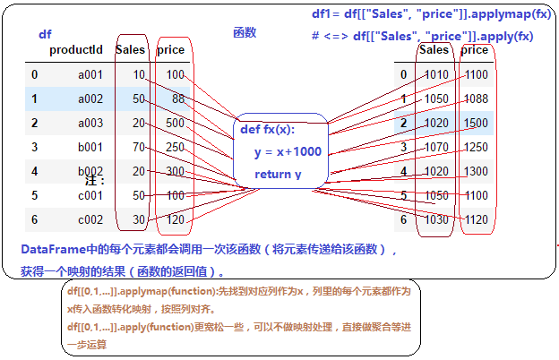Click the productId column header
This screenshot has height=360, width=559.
coord(75,50)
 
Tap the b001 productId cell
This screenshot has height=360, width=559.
coord(91,147)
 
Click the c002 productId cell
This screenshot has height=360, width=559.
coord(91,219)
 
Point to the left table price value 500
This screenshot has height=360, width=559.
coord(175,123)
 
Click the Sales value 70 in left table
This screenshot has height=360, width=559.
coord(138,147)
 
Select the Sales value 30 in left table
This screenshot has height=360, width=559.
coord(138,219)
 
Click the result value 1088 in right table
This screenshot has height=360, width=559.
coord(476,99)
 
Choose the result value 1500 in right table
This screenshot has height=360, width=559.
coord(476,123)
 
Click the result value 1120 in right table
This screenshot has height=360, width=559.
coord(476,219)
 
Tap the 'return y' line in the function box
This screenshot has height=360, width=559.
coord(278,174)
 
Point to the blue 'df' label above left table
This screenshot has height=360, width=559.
coord(45,34)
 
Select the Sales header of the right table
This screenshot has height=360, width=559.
coord(434,50)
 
